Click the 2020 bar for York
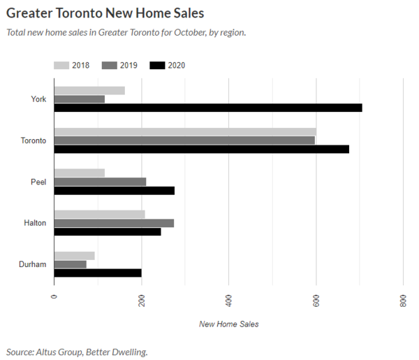tap(208, 108)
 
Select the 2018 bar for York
tap(89, 91)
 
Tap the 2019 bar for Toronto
tap(184, 141)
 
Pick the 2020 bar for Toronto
tap(201, 149)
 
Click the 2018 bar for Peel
tap(79, 173)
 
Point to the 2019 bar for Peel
tap(100, 182)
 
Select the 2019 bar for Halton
tap(114, 223)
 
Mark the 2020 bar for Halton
tap(108, 231)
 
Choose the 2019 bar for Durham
tap(70, 264)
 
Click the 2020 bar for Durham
tap(97, 273)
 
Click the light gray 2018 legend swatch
tap(62, 66)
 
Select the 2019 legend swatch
tap(110, 66)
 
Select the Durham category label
tap(33, 264)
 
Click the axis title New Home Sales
tap(228, 324)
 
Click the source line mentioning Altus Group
tap(77, 352)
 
